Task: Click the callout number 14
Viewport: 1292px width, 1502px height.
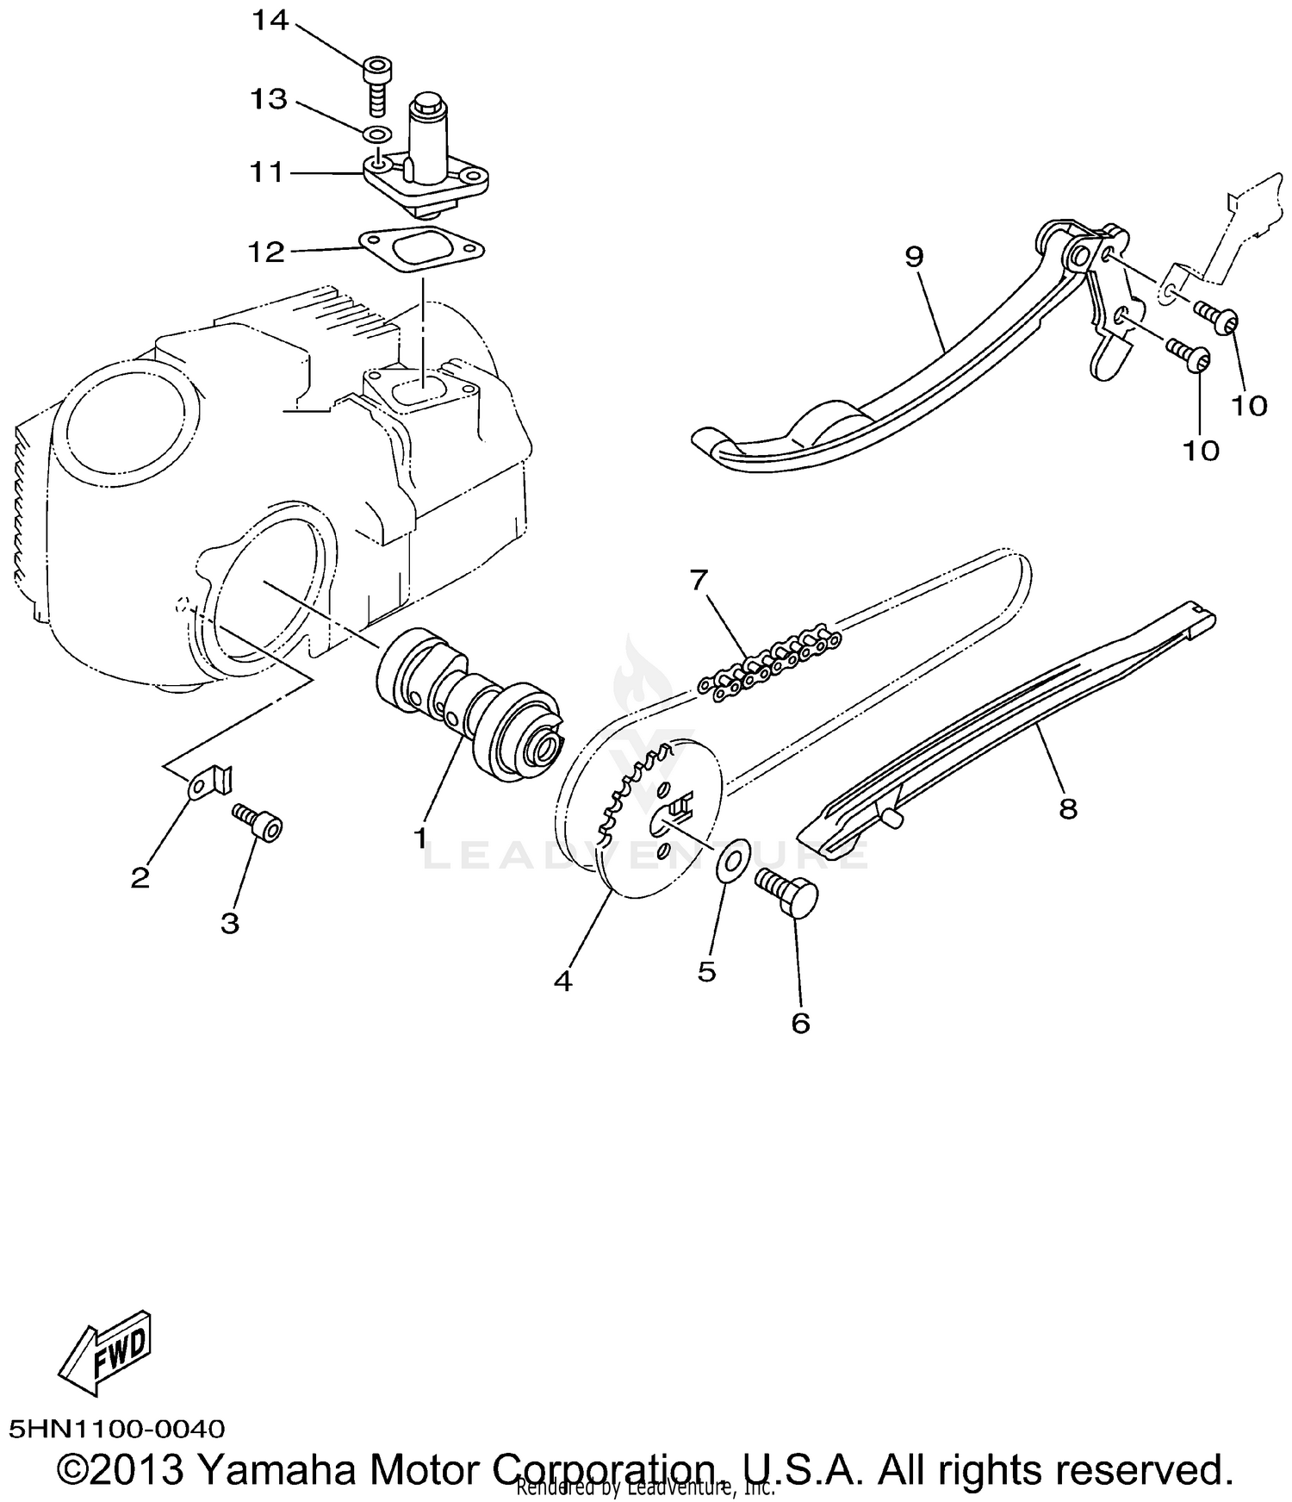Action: click(269, 21)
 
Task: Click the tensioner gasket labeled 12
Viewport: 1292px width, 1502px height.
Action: click(422, 250)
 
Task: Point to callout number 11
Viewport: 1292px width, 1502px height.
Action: click(266, 172)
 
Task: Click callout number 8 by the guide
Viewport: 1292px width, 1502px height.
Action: click(1068, 808)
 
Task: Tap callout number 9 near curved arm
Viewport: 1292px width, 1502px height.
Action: click(914, 256)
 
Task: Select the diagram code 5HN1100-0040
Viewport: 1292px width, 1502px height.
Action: click(117, 1429)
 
